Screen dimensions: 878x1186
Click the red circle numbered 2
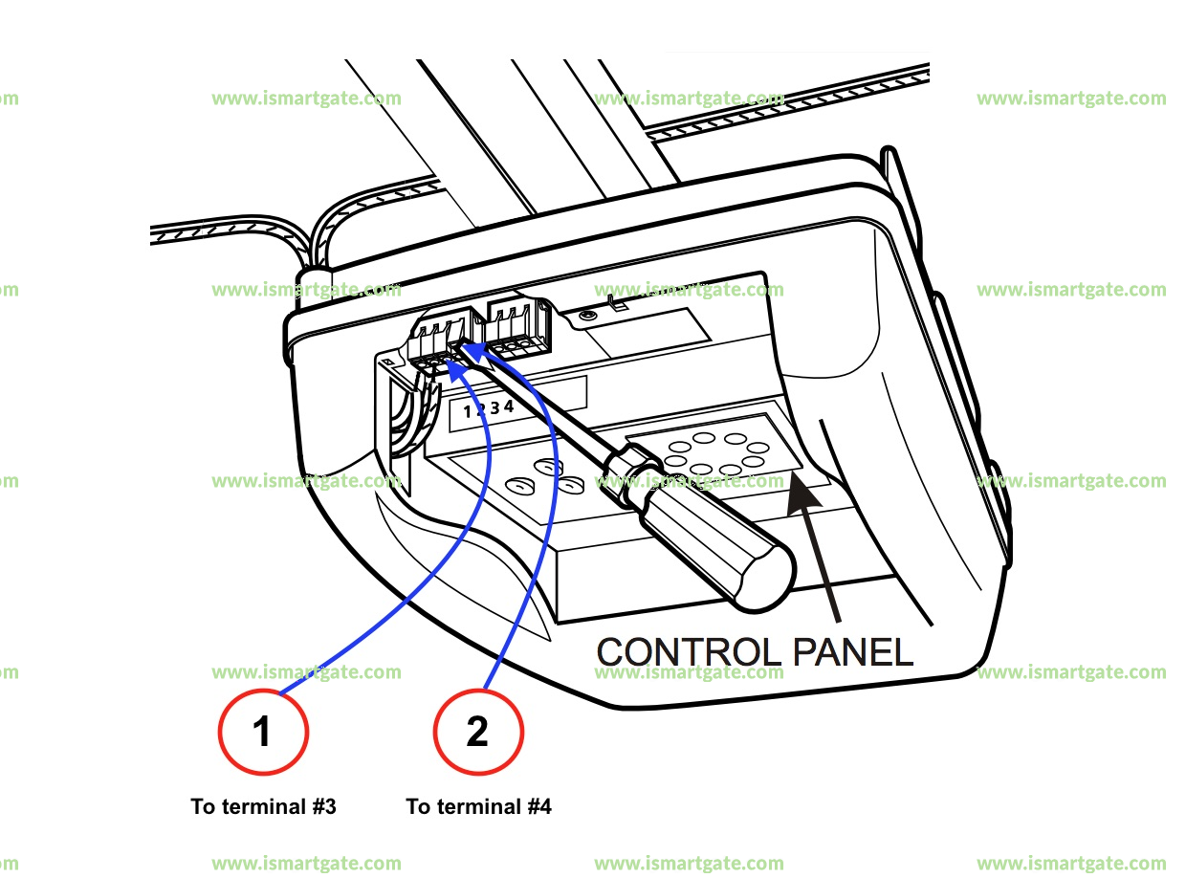pyautogui.click(x=478, y=732)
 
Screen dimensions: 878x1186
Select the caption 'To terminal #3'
pyautogui.click(x=263, y=806)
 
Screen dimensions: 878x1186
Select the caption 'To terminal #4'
pyautogui.click(x=479, y=806)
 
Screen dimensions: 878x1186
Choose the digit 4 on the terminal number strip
pyautogui.click(x=509, y=406)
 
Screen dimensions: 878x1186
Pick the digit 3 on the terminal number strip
pyautogui.click(x=495, y=408)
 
